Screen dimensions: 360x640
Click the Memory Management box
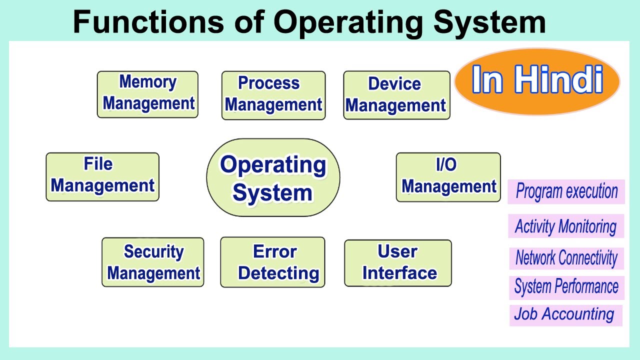click(x=147, y=94)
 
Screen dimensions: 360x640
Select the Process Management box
click(x=273, y=95)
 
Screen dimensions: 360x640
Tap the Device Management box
click(x=396, y=95)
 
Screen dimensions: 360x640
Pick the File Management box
click(x=102, y=177)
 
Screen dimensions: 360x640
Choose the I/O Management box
click(x=448, y=177)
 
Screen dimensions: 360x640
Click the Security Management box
click(x=153, y=262)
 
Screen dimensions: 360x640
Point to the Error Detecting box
click(x=272, y=262)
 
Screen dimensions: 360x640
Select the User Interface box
click(x=398, y=263)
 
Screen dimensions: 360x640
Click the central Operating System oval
click(x=273, y=178)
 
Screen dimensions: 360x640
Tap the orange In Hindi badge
click(x=536, y=81)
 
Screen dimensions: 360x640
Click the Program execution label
click(x=566, y=192)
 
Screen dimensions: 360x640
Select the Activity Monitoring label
click(x=565, y=226)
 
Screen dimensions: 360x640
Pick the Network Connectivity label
click(x=566, y=258)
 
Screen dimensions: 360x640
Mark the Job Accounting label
click(x=565, y=315)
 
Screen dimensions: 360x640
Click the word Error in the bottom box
click(x=275, y=251)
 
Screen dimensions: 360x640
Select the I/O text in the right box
click(x=446, y=165)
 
